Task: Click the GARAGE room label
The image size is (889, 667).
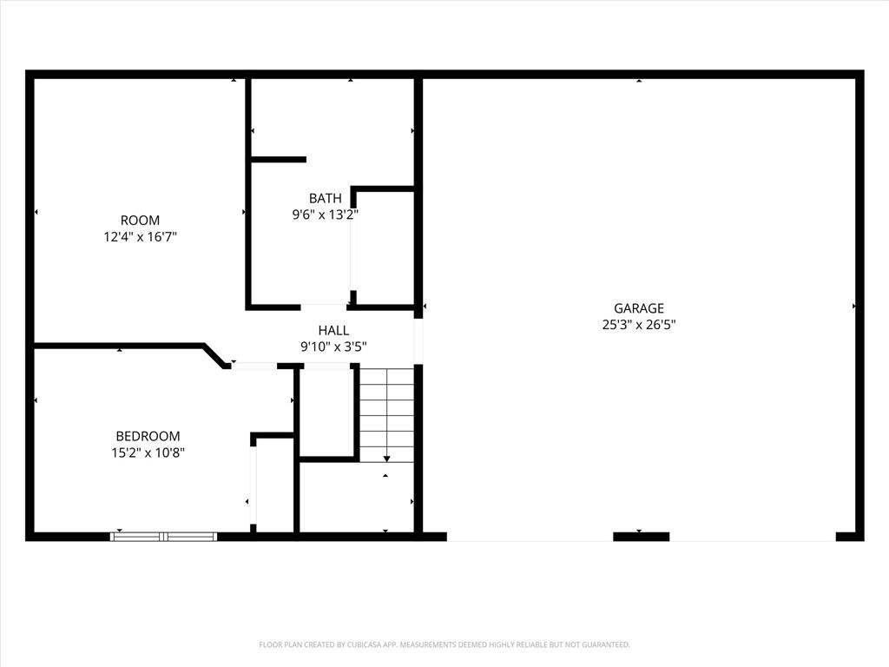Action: [638, 308]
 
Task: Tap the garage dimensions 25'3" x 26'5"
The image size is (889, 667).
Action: [638, 325]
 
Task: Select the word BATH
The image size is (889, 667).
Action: [325, 198]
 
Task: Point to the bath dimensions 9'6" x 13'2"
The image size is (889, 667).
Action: [325, 215]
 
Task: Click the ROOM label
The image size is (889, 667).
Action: [140, 220]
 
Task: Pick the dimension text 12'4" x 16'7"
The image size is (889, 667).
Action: [140, 236]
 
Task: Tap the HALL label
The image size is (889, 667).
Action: [333, 330]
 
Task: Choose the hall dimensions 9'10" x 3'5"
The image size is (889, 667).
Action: [333, 347]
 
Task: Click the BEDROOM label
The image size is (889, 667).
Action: [148, 436]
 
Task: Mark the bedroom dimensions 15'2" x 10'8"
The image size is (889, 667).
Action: [148, 452]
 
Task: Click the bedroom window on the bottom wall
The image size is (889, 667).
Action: [164, 537]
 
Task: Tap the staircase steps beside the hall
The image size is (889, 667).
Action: [386, 414]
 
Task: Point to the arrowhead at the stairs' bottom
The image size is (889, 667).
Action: [386, 459]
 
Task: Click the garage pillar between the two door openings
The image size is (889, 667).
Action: [642, 537]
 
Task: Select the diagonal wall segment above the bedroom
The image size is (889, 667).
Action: [214, 355]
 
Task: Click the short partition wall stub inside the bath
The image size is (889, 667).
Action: [279, 160]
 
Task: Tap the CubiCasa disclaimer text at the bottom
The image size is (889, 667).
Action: [444, 644]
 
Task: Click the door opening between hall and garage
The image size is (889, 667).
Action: [418, 340]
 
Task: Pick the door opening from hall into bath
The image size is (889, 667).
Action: [323, 307]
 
